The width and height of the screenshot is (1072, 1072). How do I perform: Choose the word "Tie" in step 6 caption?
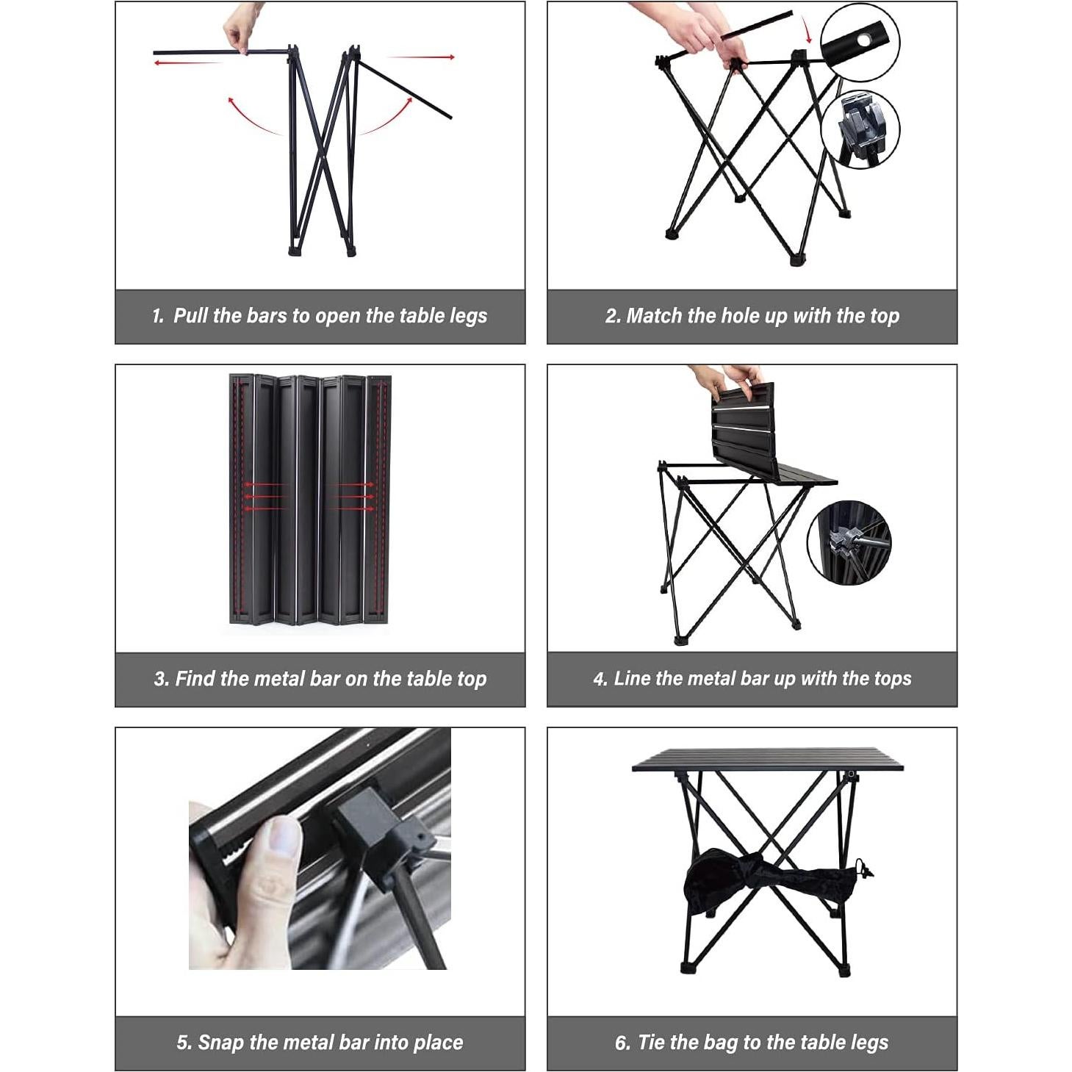click(651, 1043)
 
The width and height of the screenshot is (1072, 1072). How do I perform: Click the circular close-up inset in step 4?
click(848, 543)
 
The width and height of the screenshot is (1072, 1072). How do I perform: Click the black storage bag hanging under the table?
click(764, 882)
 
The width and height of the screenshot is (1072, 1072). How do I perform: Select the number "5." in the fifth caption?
click(184, 1043)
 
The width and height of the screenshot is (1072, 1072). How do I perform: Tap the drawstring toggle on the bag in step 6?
click(864, 871)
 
